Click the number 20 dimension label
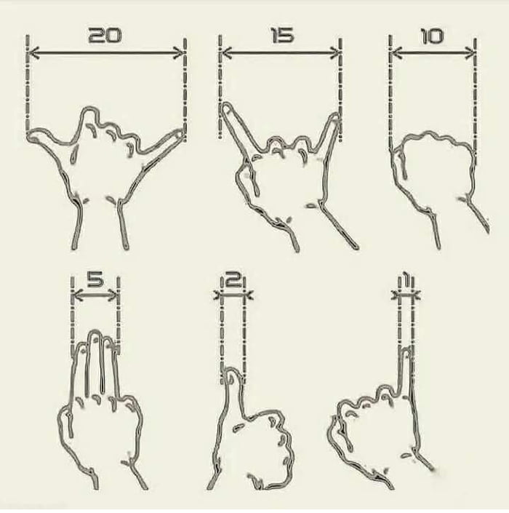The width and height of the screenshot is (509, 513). pyautogui.click(x=105, y=36)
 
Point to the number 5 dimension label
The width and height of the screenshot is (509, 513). pyautogui.click(x=95, y=279)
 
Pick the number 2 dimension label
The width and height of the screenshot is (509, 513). pyautogui.click(x=233, y=279)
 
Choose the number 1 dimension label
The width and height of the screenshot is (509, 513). pyautogui.click(x=406, y=279)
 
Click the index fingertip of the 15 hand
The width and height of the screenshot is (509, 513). pyautogui.click(x=226, y=108)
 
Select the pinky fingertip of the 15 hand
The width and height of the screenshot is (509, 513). pyautogui.click(x=335, y=116)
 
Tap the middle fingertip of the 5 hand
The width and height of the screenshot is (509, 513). pyautogui.click(x=95, y=336)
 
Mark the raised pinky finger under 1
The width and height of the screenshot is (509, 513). pyautogui.click(x=406, y=364)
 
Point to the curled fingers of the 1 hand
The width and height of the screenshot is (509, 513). pyautogui.click(x=364, y=407)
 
